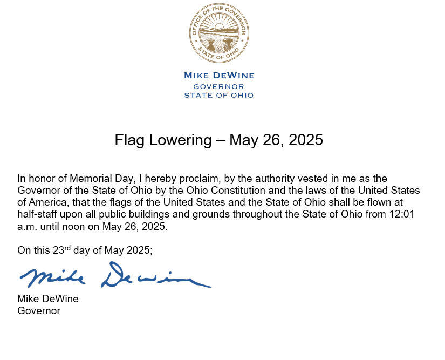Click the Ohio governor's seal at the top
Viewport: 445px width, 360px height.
218,33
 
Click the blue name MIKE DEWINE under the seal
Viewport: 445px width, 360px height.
218,76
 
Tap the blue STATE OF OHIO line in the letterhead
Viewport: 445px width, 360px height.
218,96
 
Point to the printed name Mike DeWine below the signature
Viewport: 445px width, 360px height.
48,298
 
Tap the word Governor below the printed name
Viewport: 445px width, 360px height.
39,311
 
